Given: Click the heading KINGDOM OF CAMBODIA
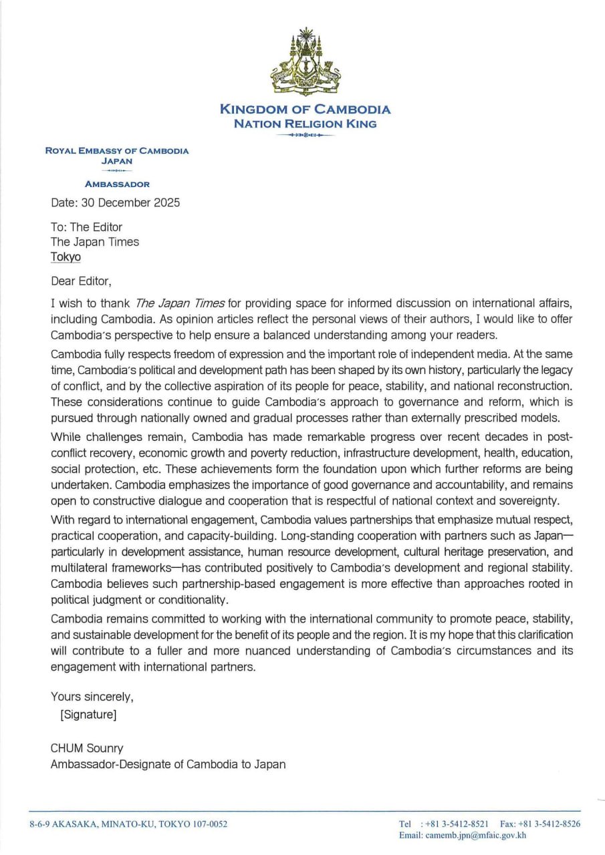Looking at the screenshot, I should point(305,110).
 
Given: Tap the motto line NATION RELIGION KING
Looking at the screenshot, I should point(305,124).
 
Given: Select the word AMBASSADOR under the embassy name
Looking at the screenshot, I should point(117,184).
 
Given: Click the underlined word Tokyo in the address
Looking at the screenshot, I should point(66,256).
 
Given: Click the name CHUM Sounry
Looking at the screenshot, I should point(87,748).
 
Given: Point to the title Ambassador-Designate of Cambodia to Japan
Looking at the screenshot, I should point(168,764).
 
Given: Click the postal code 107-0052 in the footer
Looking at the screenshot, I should point(208,824).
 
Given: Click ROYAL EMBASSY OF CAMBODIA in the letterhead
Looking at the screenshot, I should point(117,151).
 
